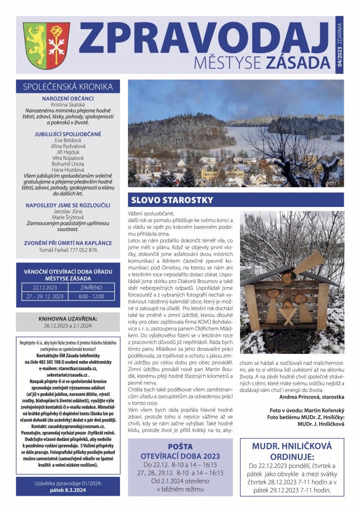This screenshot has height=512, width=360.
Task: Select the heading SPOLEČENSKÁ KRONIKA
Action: pos(67,86)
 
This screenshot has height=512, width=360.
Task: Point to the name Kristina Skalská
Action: pos(67,104)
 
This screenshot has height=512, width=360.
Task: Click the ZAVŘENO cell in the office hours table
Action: pos(91,287)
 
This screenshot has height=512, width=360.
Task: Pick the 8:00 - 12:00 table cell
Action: pos(91,296)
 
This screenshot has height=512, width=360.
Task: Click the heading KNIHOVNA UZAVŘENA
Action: pos(67,318)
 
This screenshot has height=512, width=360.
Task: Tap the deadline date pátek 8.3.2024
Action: pos(67,490)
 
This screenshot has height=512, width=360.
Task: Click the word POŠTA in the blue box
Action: pos(180,445)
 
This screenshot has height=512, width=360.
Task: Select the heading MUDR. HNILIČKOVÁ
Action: pos(290,445)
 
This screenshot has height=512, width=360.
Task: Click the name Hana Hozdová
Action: pos(67,170)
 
